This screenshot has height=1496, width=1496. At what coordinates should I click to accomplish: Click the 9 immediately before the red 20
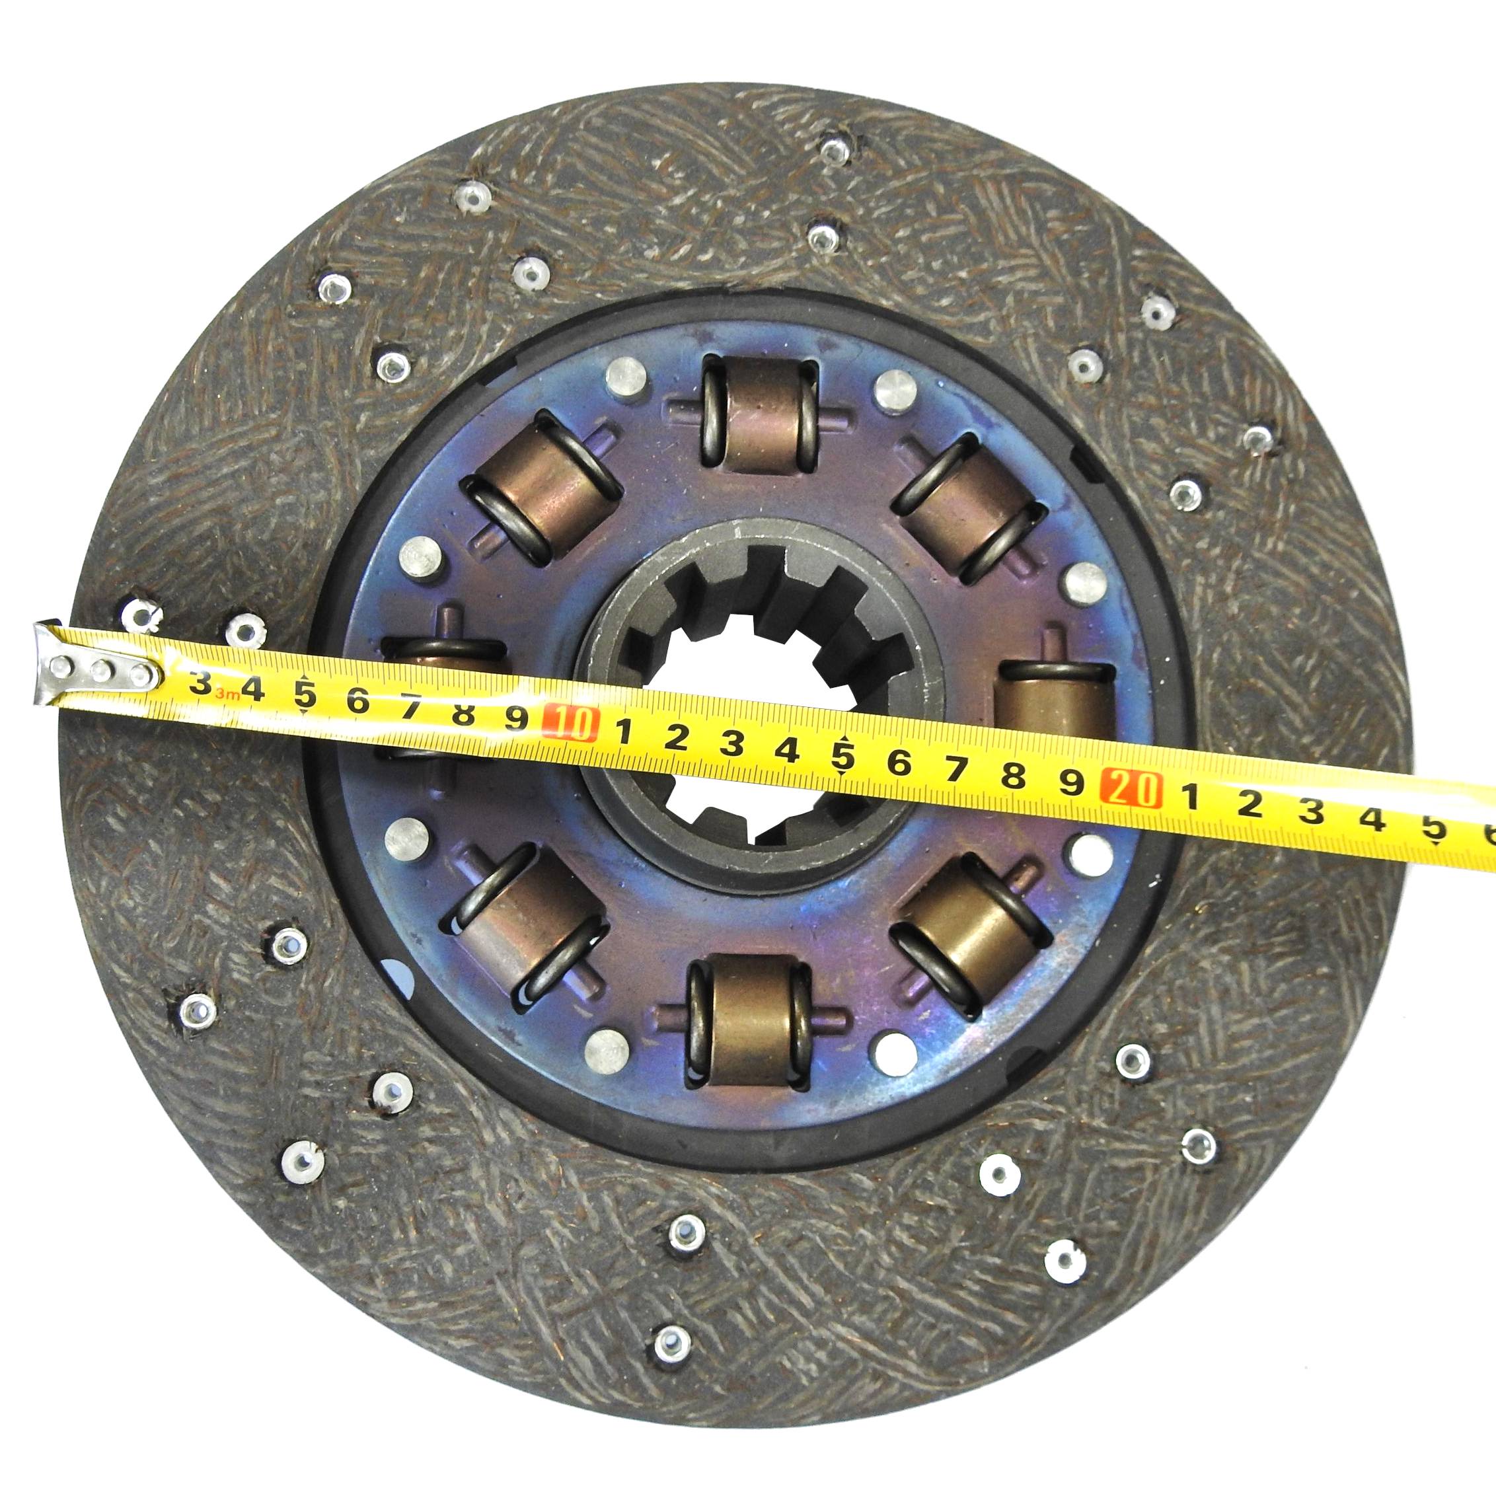1071,783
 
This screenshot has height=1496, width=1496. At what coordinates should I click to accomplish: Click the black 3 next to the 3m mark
203,683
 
